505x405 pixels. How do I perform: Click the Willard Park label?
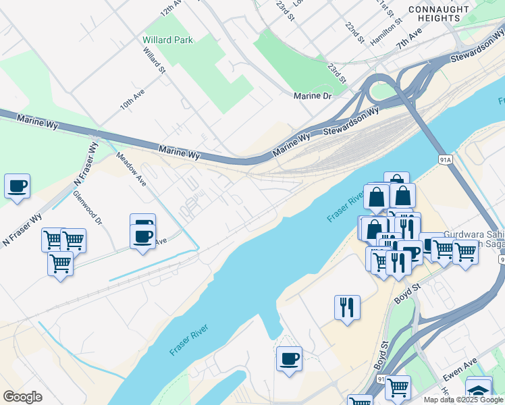[x=167, y=40]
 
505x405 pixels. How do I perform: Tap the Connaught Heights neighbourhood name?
[x=438, y=13]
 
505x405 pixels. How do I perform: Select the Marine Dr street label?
[x=313, y=96]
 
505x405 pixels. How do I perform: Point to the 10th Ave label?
[x=132, y=99]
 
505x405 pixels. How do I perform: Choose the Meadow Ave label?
[x=131, y=167]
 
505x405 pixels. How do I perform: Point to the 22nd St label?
[x=354, y=32]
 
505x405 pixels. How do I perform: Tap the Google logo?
[x=22, y=397]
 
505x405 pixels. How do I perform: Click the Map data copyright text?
[x=464, y=400]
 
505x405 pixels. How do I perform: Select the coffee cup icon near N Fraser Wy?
[x=17, y=185]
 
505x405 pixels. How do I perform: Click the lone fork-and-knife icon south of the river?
[x=347, y=307]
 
